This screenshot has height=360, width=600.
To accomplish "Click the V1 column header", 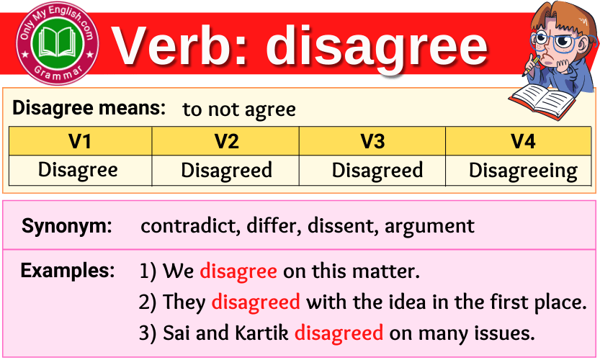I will (79, 141).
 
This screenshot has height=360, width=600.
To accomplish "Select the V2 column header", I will (226, 141).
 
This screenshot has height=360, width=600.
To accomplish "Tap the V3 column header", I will (372, 141).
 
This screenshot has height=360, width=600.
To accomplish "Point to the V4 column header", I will (523, 141).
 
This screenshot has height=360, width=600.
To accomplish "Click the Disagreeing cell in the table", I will (523, 171).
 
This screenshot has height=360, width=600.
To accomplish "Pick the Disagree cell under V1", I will (77, 170).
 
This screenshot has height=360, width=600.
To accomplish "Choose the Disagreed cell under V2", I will (226, 170).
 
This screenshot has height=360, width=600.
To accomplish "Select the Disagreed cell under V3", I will (377, 170).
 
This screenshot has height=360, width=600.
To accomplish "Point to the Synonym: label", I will (67, 226).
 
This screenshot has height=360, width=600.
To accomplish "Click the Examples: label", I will (67, 271).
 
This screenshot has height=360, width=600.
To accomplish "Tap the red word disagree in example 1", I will (238, 271).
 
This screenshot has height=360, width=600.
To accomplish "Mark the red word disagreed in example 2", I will (256, 302).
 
